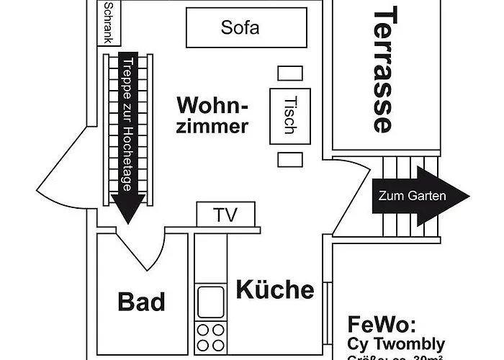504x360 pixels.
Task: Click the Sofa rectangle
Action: tap(240, 29)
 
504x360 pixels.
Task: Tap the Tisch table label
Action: tap(289, 115)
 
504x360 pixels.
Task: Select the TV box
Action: tap(225, 214)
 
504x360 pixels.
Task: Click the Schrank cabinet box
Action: tap(109, 22)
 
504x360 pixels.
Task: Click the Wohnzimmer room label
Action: tap(212, 115)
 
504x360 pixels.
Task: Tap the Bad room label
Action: tap(141, 302)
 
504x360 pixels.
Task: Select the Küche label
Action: tap(274, 289)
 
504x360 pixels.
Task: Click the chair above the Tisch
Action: tap(289, 73)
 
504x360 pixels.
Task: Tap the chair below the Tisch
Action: tap(289, 159)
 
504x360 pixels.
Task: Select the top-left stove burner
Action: tap(202, 329)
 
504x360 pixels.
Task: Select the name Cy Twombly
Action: tap(396, 343)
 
